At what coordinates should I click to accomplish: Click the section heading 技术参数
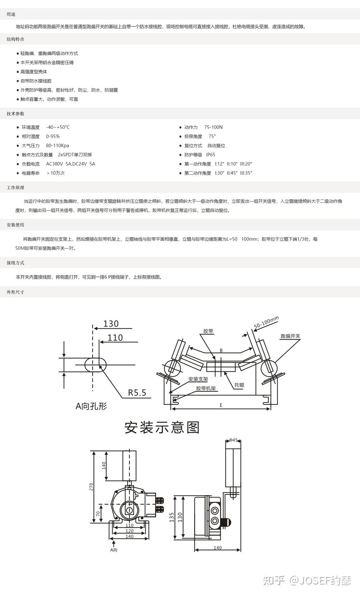15,114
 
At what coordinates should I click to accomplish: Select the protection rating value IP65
211,155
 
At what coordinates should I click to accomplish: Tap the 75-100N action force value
213,127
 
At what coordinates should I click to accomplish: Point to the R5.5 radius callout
137,393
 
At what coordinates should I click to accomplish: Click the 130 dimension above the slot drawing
111,324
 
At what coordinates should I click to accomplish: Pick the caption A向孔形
91,406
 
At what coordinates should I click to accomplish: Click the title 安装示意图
162,428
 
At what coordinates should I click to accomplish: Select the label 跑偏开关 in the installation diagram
290,336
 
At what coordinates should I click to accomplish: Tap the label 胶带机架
206,388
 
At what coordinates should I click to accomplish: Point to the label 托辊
239,385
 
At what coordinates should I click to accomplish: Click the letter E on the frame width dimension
221,405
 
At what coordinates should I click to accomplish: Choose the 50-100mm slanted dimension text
267,322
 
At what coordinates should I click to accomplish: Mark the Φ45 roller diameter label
233,440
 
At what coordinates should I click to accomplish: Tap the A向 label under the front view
114,550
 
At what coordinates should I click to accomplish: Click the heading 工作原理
15,188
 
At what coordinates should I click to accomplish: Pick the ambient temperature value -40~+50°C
58,127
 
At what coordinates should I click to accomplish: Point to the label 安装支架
198,379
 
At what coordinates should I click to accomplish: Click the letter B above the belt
221,350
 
